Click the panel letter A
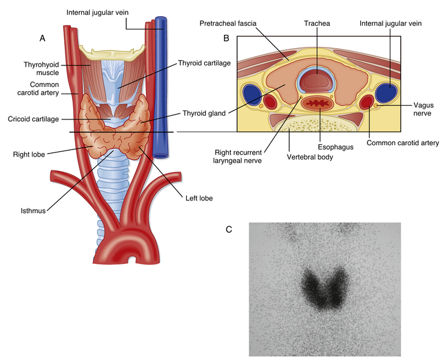pyautogui.click(x=42, y=38)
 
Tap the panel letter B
pyautogui.click(x=226, y=38)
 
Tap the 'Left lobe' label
pyautogui.click(x=199, y=197)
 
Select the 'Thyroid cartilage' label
pyautogui.click(x=204, y=62)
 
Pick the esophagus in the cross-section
pyautogui.click(x=318, y=104)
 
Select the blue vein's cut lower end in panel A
pyautogui.click(x=160, y=155)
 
